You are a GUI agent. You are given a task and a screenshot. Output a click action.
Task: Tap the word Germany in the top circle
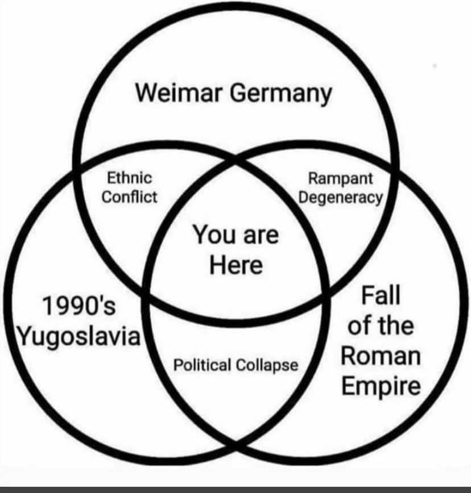click(281, 94)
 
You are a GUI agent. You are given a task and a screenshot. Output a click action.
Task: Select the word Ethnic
click(129, 178)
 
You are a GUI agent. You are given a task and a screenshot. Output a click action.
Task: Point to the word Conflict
click(129, 197)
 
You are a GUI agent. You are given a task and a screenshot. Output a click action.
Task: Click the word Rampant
click(340, 179)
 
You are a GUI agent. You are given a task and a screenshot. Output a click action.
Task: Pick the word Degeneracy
click(341, 198)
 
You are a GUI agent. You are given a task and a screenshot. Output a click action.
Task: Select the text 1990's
click(79, 306)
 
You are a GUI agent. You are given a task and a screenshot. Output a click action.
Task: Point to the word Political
click(202, 365)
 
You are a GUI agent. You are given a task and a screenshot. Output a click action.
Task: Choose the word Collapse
click(267, 366)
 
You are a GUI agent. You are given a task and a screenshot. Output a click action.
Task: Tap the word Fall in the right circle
click(381, 295)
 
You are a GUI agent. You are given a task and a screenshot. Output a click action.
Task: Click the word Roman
click(381, 356)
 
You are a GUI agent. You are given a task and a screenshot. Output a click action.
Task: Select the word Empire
click(381, 386)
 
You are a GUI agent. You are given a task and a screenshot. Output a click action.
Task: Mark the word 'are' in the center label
click(261, 236)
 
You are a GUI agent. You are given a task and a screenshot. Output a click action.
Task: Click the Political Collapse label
click(236, 366)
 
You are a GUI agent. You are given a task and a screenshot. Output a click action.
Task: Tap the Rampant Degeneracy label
click(341, 189)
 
